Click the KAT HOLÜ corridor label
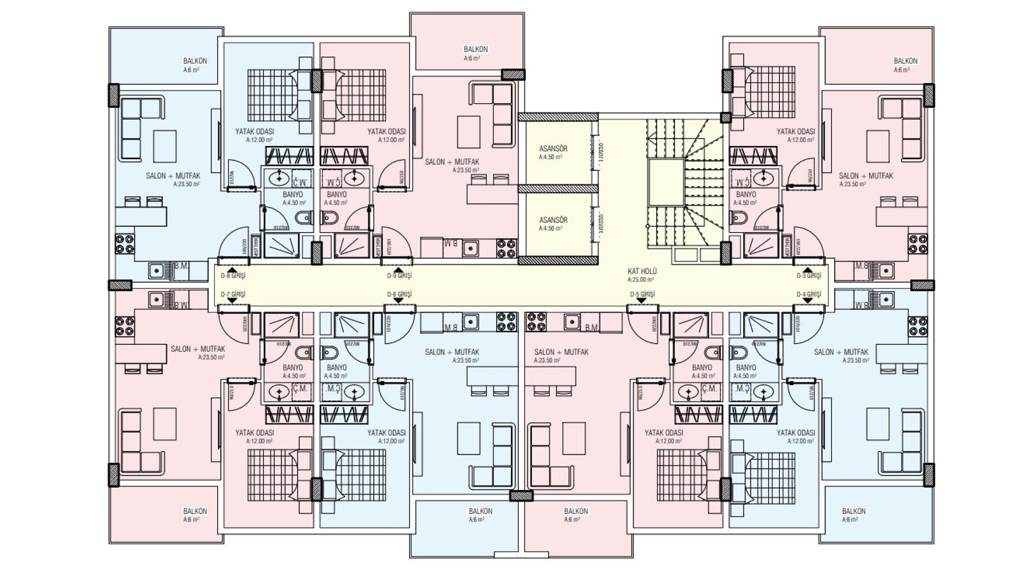[642, 272]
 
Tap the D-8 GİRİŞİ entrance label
[233, 275]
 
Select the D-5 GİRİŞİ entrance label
[642, 294]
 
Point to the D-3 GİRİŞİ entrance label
[808, 275]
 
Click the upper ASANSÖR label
[553, 149]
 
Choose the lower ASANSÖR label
[553, 220]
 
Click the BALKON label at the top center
[475, 49]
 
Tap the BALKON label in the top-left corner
[195, 61]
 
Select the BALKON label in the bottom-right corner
[854, 511]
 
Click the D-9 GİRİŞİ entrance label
[399, 275]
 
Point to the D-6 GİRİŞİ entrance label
[399, 294]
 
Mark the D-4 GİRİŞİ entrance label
[808, 294]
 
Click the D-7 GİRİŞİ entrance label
[233, 294]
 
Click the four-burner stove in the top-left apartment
[125, 244]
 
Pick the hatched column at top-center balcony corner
[513, 75]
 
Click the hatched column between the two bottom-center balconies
[520, 495]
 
